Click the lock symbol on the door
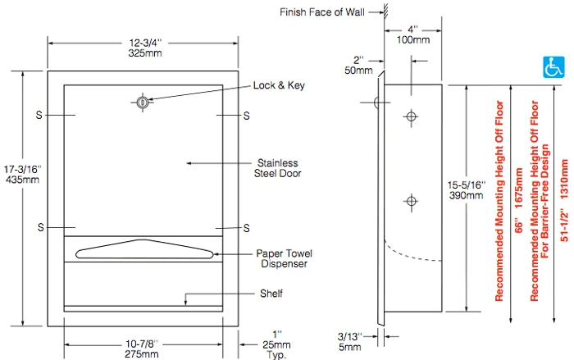click(x=143, y=103)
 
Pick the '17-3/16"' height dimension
click(x=16, y=168)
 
